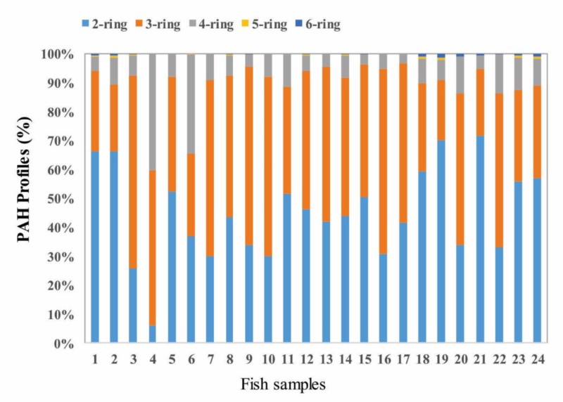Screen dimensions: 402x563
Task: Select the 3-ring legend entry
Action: [x=161, y=25]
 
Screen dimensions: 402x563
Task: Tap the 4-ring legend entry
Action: [x=215, y=25]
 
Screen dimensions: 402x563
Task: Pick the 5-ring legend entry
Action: [x=267, y=25]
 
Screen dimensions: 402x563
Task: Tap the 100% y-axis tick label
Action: [x=57, y=54]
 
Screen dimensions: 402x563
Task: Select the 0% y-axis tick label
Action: [x=63, y=344]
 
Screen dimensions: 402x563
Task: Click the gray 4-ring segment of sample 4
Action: [x=153, y=112]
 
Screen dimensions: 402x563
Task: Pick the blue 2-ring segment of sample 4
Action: [x=153, y=335]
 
